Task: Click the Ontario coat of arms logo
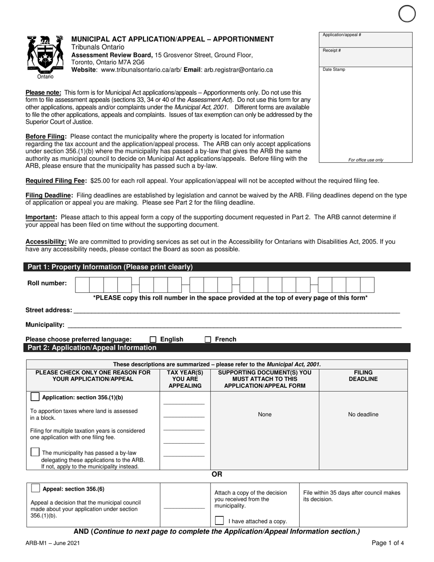45,55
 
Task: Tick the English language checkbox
153,339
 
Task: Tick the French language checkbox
208,339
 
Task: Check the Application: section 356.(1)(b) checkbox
35,397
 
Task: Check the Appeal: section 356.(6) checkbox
35,488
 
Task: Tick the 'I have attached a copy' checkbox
219,520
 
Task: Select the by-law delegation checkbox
35,452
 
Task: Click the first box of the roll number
82,285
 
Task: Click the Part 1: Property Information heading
110,267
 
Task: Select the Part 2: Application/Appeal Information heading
92,348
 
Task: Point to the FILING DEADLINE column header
363,376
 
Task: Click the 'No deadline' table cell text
363,414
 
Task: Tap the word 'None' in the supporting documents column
265,414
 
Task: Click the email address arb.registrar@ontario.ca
238,70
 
